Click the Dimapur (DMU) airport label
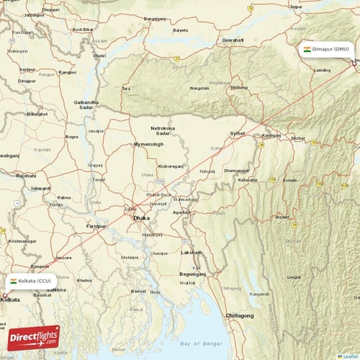(328, 50)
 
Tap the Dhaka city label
(142, 217)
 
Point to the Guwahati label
(234, 40)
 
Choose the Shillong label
(237, 87)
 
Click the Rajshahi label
(26, 176)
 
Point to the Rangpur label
(67, 72)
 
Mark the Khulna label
(84, 279)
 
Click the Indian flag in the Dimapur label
(307, 50)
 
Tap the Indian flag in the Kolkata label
(13, 281)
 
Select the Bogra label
(72, 136)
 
